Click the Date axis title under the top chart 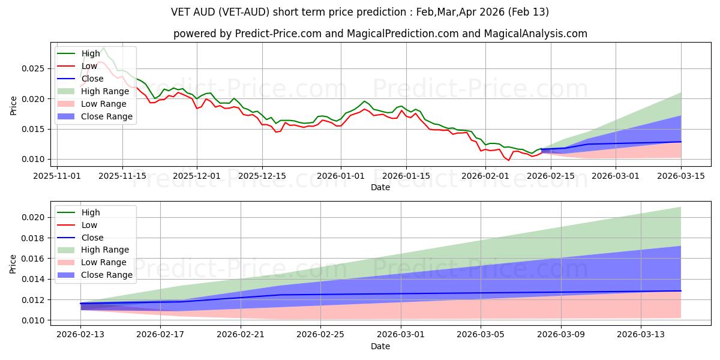380,187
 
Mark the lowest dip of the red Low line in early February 509,160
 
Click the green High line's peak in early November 103,48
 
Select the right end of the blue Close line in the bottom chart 681,291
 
